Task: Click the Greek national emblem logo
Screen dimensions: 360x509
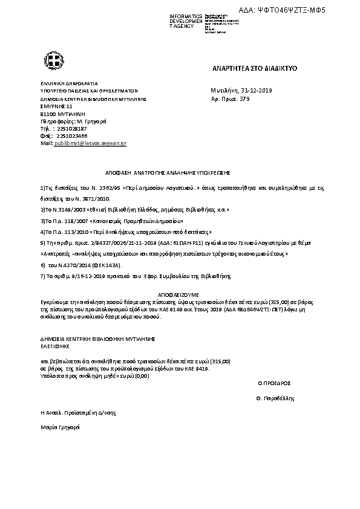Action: [x=50, y=60]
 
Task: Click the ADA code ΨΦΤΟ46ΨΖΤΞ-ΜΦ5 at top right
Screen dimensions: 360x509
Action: [x=308, y=11]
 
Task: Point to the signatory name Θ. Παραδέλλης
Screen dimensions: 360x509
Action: [x=275, y=398]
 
